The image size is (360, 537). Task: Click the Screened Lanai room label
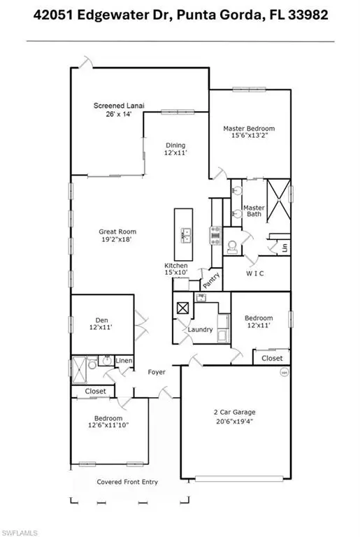pos(119,106)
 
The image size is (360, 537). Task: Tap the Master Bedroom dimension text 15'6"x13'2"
pos(249,135)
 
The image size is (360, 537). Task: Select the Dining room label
pos(175,145)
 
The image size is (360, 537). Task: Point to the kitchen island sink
pos(185,235)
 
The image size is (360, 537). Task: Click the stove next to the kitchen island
pos(215,236)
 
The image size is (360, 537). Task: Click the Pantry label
pos(211,280)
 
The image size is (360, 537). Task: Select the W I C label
pos(255,273)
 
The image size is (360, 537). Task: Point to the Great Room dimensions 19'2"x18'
pos(117,239)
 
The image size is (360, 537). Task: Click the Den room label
pos(102,320)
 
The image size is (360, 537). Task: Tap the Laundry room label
pos(200,329)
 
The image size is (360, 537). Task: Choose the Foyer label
pos(157,372)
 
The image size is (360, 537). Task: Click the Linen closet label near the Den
pos(124,361)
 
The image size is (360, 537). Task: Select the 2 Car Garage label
pos(235,413)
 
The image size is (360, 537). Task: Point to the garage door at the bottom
pos(239,479)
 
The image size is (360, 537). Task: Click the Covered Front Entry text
pos(127,482)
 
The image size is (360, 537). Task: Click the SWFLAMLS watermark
pos(19,533)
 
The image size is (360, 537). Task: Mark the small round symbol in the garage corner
pos(284,372)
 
